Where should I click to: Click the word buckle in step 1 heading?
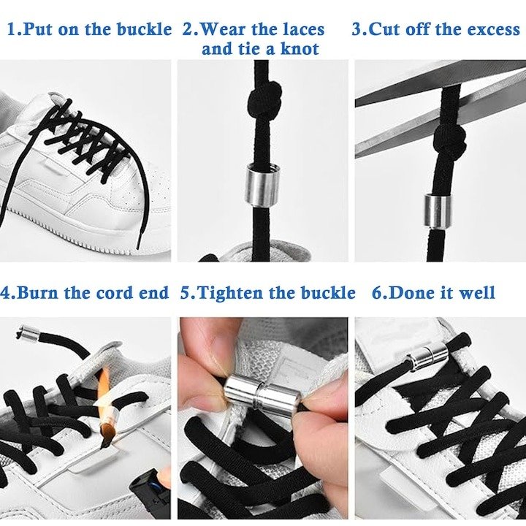pyautogui.click(x=144, y=28)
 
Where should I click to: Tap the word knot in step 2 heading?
pyautogui.click(x=300, y=49)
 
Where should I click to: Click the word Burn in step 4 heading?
pyautogui.click(x=38, y=292)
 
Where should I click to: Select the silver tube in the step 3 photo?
pyautogui.click(x=438, y=211)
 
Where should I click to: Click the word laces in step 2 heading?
pyautogui.click(x=304, y=29)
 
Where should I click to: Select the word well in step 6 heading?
pyautogui.click(x=476, y=292)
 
